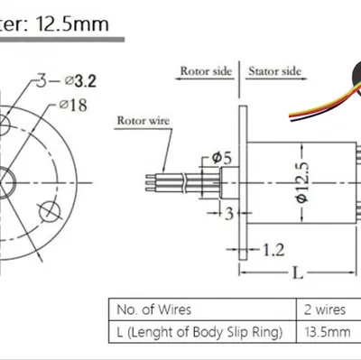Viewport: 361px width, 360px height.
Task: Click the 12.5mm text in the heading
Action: [x=72, y=23]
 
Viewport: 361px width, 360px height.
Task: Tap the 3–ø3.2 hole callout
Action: [x=67, y=80]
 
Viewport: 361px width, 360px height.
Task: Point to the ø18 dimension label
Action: [x=73, y=105]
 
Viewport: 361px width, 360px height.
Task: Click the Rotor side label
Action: [x=206, y=71]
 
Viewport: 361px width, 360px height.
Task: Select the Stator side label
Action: [x=274, y=71]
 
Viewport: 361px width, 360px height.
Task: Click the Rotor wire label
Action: [x=143, y=121]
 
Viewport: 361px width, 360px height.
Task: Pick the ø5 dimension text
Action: [x=222, y=158]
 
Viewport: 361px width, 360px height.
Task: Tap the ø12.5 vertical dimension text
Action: [x=303, y=182]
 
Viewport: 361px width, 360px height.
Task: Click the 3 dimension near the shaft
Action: [x=229, y=214]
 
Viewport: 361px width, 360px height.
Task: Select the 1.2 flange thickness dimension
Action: [x=273, y=250]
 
